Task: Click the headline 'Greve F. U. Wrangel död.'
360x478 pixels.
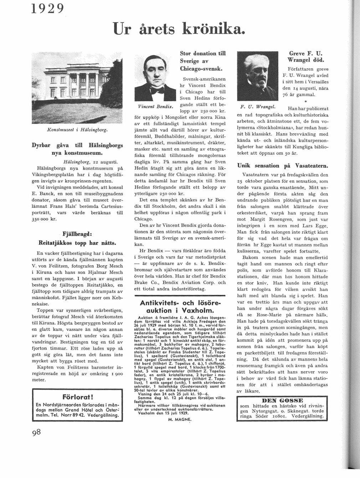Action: pyautogui.click(x=308, y=56)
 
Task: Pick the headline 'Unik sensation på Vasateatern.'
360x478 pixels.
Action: pyautogui.click(x=283, y=166)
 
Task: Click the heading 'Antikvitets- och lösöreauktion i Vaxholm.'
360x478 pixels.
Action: pyautogui.click(x=181, y=306)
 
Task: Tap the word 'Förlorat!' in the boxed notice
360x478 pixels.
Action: pyautogui.click(x=77, y=396)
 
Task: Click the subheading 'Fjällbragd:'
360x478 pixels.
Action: pyautogui.click(x=77, y=235)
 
